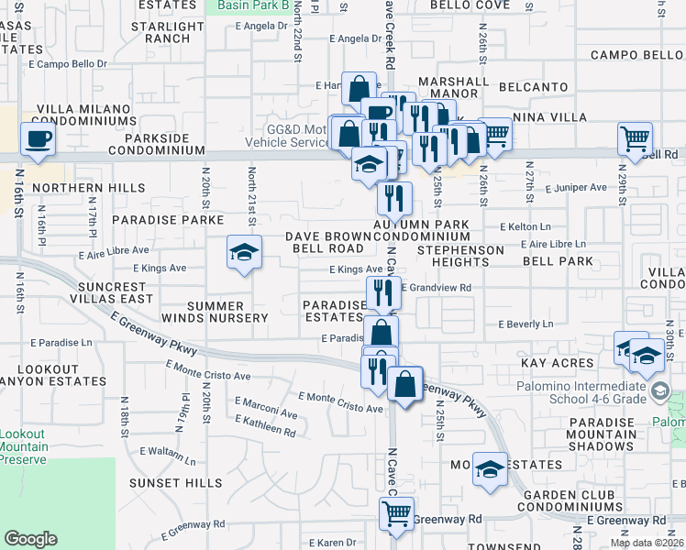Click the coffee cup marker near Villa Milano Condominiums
click(x=38, y=139)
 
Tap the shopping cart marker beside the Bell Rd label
click(x=635, y=139)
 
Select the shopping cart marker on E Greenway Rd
click(x=396, y=513)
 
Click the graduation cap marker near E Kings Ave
click(x=244, y=252)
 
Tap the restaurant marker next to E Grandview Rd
click(x=383, y=292)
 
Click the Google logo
click(x=30, y=539)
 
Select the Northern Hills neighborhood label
click(x=75, y=188)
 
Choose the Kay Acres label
click(x=558, y=364)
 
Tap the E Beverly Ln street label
click(x=526, y=324)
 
